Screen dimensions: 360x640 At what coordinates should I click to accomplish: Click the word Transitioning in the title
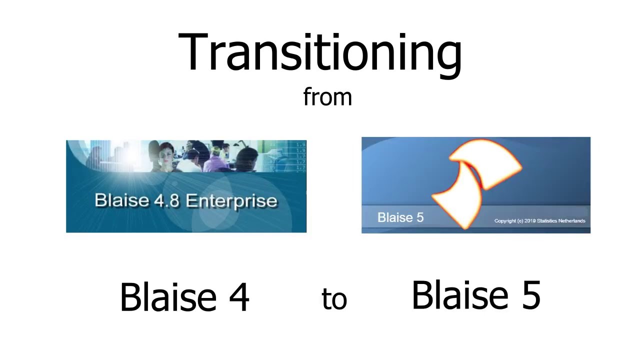(320, 53)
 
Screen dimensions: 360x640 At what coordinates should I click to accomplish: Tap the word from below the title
(327, 96)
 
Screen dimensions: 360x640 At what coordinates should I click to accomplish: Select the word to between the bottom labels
(334, 299)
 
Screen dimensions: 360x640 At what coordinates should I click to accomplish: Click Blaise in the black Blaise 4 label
(168, 297)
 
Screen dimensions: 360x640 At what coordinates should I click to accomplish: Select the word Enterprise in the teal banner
(231, 201)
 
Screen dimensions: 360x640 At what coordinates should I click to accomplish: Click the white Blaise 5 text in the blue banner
(400, 217)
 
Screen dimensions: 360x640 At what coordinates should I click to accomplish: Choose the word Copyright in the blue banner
(505, 221)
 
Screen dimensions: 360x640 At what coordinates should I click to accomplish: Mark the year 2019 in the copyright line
(530, 221)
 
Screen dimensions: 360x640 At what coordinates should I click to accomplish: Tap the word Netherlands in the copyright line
(571, 221)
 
